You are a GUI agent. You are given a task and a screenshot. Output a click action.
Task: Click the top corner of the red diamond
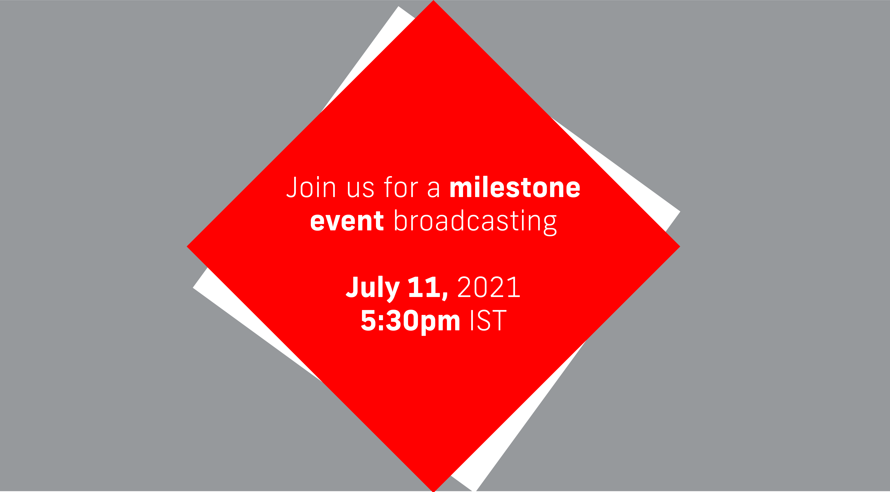[433, 3]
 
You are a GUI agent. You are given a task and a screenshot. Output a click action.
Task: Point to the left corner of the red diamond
[189, 246]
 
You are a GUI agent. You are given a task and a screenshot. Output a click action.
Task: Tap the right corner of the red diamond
[677, 246]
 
